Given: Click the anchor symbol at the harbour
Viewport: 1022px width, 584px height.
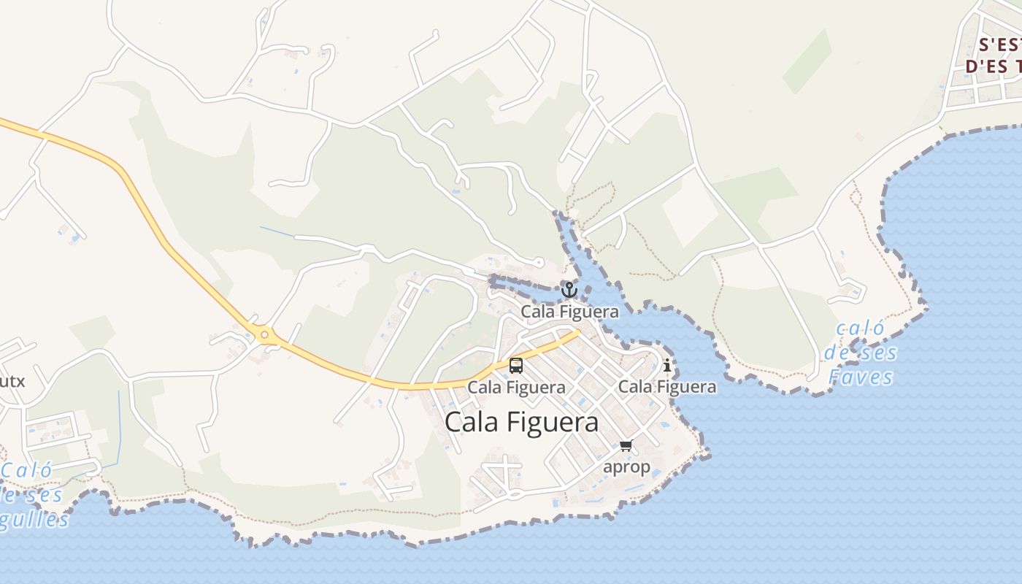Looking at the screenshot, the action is pyautogui.click(x=569, y=290).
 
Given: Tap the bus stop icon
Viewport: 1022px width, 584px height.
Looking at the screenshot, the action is pyautogui.click(x=516, y=365).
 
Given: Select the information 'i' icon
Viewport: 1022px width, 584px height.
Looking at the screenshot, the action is pyautogui.click(x=666, y=365).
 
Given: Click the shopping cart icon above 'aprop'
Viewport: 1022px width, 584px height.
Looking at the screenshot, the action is pyautogui.click(x=626, y=445).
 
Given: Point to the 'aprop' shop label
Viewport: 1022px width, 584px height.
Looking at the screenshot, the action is pyautogui.click(x=626, y=466).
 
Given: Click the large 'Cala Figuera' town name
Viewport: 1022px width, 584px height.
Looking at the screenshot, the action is pyautogui.click(x=521, y=422).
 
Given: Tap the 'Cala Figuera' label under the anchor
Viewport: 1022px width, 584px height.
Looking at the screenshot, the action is pyautogui.click(x=569, y=312).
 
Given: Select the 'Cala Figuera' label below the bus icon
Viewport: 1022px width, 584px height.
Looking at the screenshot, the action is pyautogui.click(x=516, y=387).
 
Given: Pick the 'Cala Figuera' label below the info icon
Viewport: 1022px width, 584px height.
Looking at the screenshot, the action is pyautogui.click(x=667, y=386).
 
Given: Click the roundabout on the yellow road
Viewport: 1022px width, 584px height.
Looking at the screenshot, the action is pyautogui.click(x=264, y=336).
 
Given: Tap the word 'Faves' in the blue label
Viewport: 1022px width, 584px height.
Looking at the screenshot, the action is pyautogui.click(x=861, y=377).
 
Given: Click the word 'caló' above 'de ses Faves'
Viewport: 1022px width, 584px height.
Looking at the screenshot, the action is pyautogui.click(x=861, y=329).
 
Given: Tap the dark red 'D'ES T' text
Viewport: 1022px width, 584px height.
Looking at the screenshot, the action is pyautogui.click(x=993, y=66).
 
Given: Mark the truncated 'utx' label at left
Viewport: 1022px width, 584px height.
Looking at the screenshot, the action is pyautogui.click(x=12, y=381).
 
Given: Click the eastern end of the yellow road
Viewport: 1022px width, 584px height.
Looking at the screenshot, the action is pyautogui.click(x=577, y=333).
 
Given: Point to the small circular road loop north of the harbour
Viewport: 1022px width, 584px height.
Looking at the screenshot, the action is pyautogui.click(x=539, y=261).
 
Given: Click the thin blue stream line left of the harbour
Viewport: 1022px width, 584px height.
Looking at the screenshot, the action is pyautogui.click(x=277, y=231).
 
